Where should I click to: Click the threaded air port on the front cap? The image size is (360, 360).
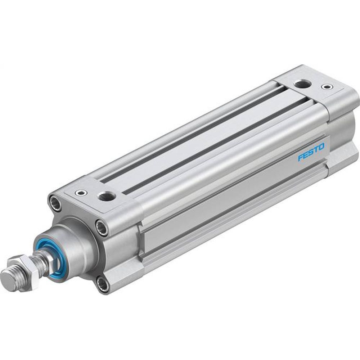[x=107, y=196]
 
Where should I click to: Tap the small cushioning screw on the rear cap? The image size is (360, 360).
[x=327, y=87]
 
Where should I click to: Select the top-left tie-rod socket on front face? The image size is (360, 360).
[x=54, y=201]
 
